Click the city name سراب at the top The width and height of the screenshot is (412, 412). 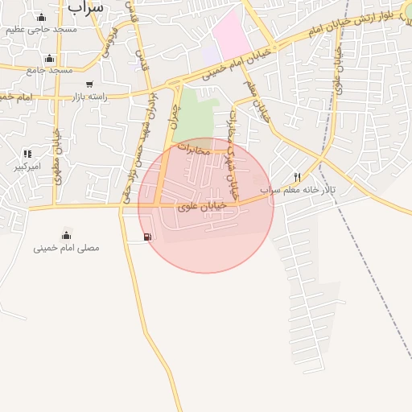[87, 6]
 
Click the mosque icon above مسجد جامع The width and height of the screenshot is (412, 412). [50, 59]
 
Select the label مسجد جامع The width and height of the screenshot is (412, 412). [49, 70]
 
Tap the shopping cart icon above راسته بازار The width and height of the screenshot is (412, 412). [89, 84]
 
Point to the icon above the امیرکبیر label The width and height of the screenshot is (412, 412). [28, 154]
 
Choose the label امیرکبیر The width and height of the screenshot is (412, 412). [27, 167]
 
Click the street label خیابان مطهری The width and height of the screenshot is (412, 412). [57, 157]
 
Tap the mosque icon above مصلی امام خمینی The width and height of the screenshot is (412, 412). [66, 235]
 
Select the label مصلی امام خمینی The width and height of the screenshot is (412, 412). [66, 248]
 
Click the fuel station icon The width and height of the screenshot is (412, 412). [147, 237]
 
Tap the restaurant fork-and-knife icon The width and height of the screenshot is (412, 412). [297, 177]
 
